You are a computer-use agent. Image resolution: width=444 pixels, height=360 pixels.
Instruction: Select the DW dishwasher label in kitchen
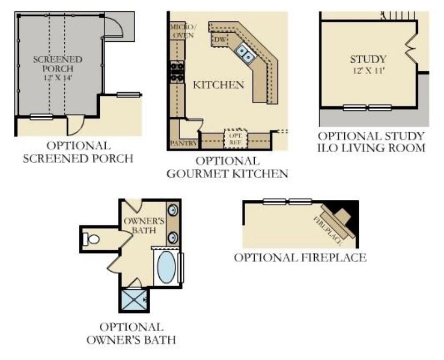coord(219,40)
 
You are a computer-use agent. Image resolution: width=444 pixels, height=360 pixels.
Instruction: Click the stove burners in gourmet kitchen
coord(176,71)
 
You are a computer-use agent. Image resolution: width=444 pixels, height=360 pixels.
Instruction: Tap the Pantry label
coord(180,144)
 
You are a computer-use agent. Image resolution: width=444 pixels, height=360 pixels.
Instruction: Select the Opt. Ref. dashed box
coord(236,138)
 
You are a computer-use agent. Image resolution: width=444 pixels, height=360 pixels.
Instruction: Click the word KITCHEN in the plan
coord(218,85)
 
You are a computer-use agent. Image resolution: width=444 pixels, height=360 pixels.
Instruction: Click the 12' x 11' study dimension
coord(368,71)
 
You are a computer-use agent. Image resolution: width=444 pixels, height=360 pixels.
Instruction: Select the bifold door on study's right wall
coord(411,49)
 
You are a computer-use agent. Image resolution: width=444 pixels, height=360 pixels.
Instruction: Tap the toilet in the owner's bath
coord(93,239)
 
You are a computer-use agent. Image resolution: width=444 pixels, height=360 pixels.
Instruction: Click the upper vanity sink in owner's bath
coord(174,211)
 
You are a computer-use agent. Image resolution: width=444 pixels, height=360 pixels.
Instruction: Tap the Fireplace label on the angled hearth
coord(324,226)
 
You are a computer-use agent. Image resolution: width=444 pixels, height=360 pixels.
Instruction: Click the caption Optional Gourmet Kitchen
coord(227,167)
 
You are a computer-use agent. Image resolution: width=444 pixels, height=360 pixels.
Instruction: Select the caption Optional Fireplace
coord(300,258)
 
